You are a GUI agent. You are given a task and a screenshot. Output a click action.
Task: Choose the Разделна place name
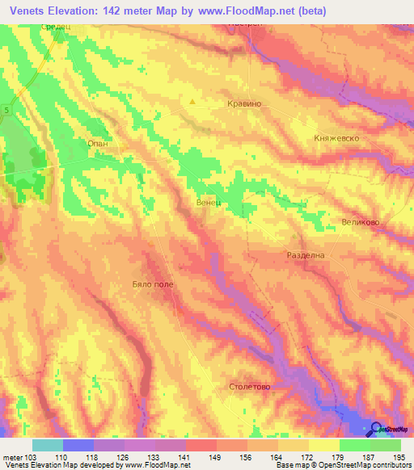click(x=306, y=255)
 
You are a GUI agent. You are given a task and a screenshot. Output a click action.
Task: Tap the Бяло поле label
click(x=152, y=284)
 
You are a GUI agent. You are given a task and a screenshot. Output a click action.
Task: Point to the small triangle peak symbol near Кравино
click(x=192, y=102)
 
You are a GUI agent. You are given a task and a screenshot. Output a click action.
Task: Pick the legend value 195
click(x=399, y=456)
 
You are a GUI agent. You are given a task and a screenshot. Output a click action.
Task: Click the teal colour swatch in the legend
click(x=48, y=445)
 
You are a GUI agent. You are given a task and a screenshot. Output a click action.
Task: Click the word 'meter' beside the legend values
click(x=11, y=456)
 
